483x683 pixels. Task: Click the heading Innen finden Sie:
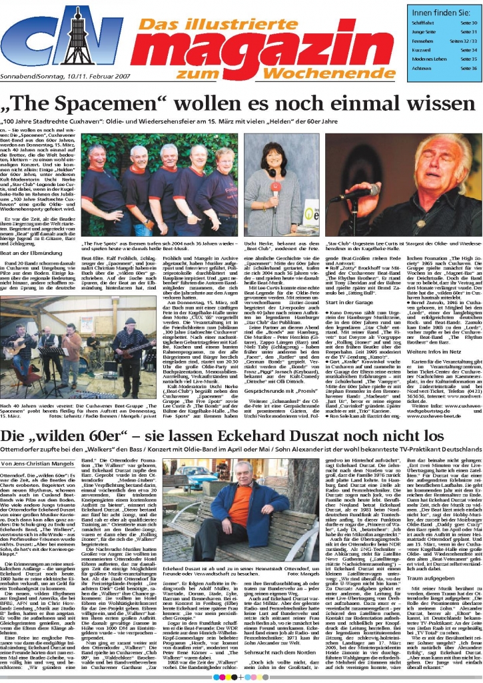(x=441, y=13)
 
